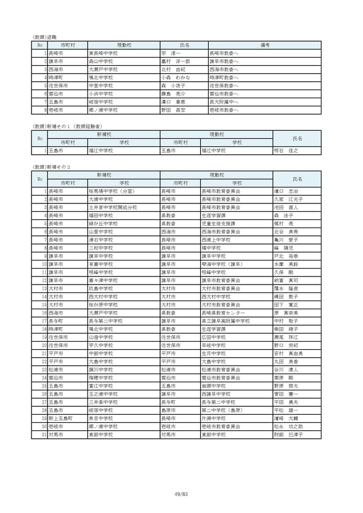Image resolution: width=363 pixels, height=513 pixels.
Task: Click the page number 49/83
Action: [181, 494]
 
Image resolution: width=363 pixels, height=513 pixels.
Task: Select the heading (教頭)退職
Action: [45, 37]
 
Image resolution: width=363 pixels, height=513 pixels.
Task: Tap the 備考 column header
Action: [265, 45]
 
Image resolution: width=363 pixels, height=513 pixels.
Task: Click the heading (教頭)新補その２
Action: [51, 167]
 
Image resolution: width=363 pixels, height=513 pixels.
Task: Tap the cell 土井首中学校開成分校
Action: [113, 207]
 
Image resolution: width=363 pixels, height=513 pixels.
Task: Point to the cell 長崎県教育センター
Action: [223, 312]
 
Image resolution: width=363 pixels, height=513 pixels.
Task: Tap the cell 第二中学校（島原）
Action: [222, 410]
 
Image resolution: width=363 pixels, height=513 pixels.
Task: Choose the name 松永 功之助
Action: [288, 427]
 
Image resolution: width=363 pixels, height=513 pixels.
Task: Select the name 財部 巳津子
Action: [288, 435]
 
